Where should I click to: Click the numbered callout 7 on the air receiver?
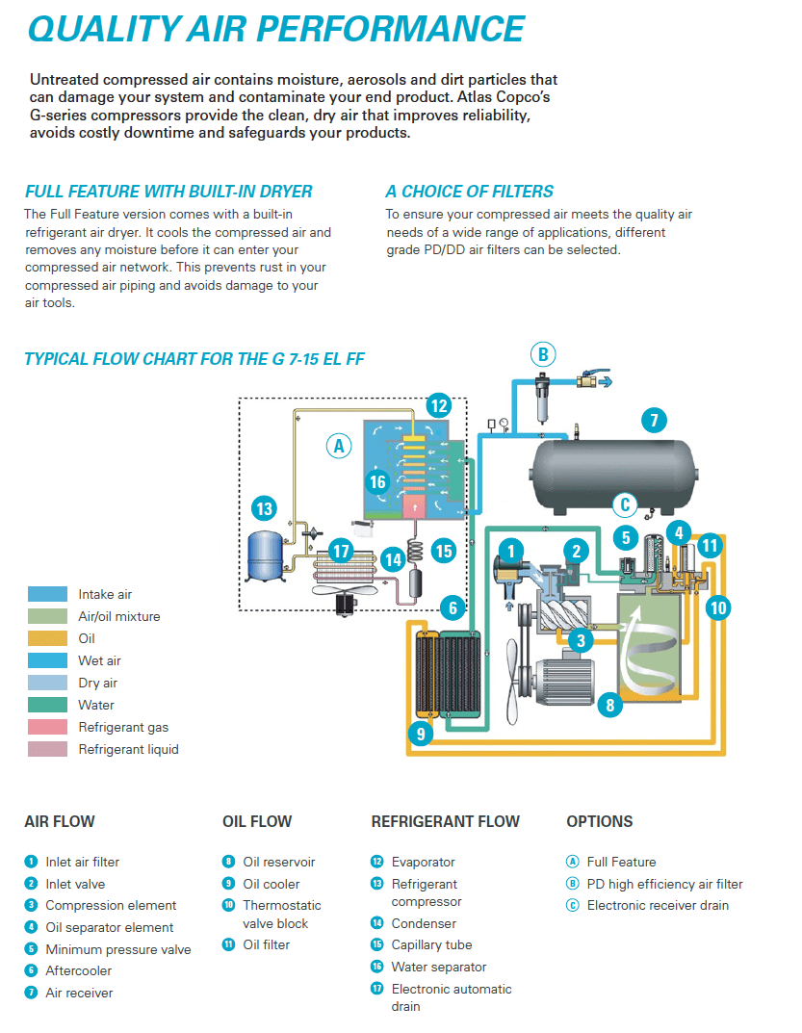(x=653, y=420)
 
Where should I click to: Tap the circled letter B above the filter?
(x=543, y=354)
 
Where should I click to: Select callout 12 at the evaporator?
(x=438, y=404)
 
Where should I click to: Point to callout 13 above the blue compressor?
(x=263, y=508)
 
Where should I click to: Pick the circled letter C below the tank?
(x=626, y=504)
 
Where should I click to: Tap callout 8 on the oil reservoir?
(x=609, y=705)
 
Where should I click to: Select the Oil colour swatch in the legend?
(x=47, y=638)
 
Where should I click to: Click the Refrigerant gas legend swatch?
(x=47, y=727)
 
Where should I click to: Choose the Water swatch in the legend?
(x=47, y=705)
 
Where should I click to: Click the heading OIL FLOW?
(x=257, y=821)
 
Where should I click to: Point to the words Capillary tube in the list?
(x=431, y=944)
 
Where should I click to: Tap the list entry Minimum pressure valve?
(x=117, y=949)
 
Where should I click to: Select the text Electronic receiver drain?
(x=658, y=905)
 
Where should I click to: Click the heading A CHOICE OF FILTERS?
(x=470, y=192)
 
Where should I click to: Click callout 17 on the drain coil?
(x=341, y=552)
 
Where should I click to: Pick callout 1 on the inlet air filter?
(x=512, y=550)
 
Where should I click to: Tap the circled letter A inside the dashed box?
(x=337, y=446)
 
